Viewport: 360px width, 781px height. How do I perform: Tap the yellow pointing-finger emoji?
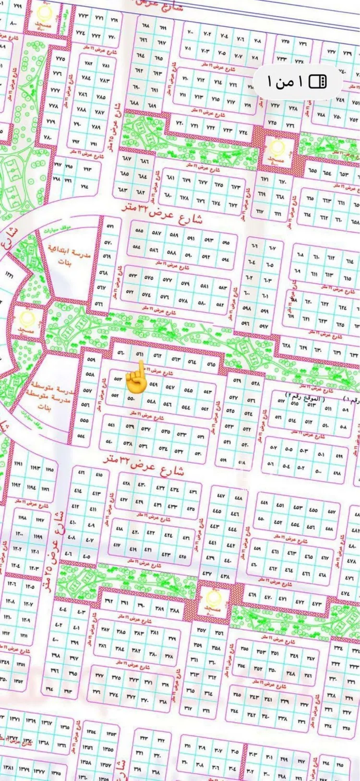(x=136, y=377)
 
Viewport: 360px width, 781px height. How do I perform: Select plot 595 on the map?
(x=226, y=243)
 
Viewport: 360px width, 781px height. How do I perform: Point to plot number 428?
(x=126, y=483)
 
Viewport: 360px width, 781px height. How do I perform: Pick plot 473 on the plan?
(x=317, y=603)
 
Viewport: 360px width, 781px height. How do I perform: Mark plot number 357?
(x=202, y=630)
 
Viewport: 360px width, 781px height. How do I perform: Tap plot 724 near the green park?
(x=243, y=131)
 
